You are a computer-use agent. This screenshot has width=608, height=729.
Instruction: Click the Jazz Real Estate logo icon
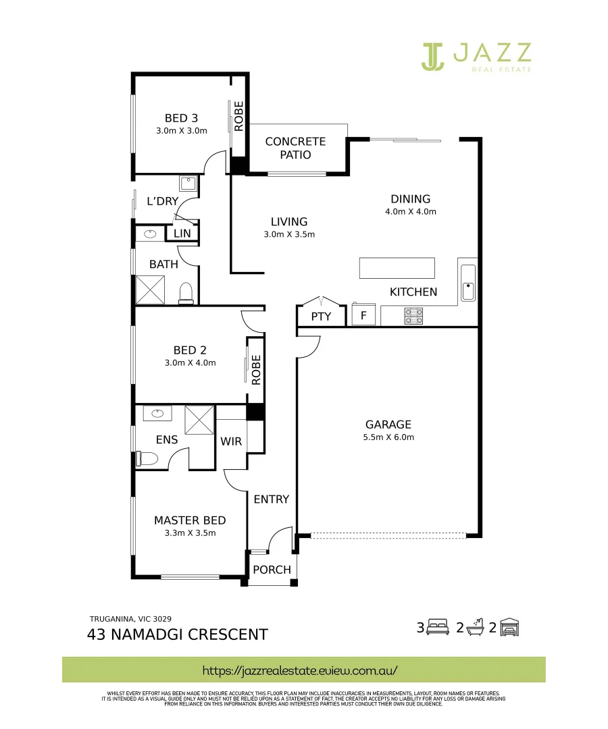[x=432, y=56]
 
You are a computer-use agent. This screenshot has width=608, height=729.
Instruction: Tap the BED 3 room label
[x=181, y=119]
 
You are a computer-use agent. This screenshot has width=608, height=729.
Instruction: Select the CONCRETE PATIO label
[x=295, y=148]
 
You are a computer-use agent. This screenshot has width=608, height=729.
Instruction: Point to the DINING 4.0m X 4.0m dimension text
[x=410, y=211]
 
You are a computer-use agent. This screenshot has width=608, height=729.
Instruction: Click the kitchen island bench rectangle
[x=397, y=268]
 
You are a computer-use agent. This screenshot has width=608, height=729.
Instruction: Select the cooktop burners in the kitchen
[x=413, y=315]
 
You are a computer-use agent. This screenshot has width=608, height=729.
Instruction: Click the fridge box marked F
[x=363, y=315]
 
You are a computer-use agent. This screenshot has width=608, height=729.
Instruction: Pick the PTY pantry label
[x=321, y=316]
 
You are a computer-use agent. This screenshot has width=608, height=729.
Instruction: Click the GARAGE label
[x=388, y=425]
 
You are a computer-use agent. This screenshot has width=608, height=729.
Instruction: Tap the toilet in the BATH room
[x=185, y=292]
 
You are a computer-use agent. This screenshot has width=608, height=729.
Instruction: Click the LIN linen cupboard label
[x=182, y=233]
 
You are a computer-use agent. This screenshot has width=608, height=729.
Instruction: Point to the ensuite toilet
[x=147, y=459]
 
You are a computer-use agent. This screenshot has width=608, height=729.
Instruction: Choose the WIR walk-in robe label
[x=230, y=442]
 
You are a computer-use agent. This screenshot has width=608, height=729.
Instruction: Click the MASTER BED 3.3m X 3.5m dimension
[x=190, y=533]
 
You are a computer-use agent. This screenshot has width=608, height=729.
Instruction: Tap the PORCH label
[x=272, y=570]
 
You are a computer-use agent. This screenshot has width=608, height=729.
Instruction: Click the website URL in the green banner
[x=300, y=670]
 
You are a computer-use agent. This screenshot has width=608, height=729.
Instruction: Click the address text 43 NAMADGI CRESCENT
[x=178, y=634]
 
